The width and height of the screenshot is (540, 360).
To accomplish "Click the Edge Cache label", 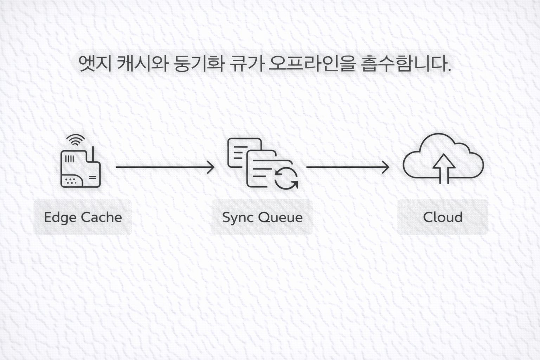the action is tap(83, 217).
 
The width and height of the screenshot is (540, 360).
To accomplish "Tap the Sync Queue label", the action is tap(262, 217).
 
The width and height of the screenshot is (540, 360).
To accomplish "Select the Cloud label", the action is tap(443, 217).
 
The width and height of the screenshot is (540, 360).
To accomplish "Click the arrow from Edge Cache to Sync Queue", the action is tap(165, 167).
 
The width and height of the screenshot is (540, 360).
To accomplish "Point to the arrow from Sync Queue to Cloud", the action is tap(348, 167).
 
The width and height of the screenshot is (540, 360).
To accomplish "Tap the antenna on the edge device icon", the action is tap(93, 154).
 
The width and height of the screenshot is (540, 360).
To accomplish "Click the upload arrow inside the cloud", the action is tap(444, 169).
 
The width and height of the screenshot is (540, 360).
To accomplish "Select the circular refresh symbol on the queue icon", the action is tap(287, 179).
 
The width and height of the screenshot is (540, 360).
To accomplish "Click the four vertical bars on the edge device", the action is tap(70, 159).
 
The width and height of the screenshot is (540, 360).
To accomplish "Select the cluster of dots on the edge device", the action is tap(71, 181).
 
